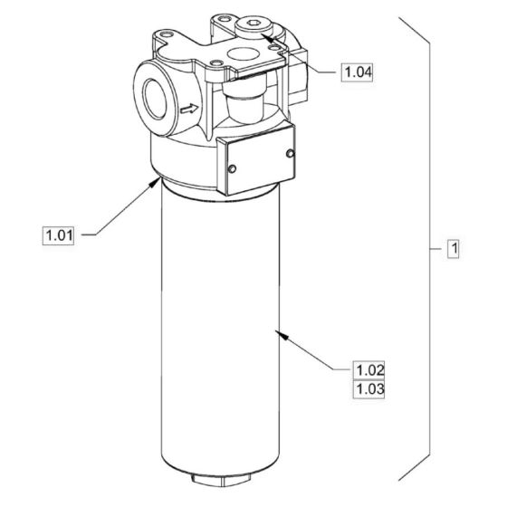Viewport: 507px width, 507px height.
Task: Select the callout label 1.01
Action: pos(58,236)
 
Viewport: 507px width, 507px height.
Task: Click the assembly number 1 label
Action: pos(453,247)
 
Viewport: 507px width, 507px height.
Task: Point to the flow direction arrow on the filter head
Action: pos(189,110)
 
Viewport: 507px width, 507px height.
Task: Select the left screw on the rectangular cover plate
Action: pos(233,168)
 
